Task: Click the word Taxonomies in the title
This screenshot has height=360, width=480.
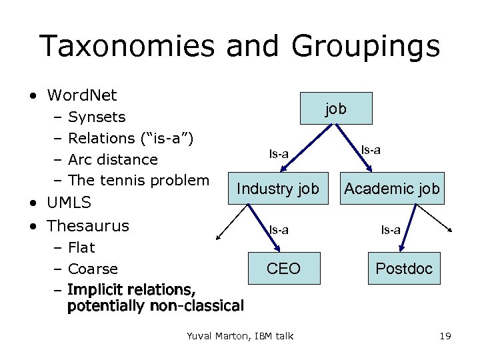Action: [x=127, y=47]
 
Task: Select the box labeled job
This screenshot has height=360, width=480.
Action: [x=336, y=108]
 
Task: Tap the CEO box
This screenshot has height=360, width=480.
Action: [x=283, y=269]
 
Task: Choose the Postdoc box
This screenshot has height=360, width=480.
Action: [x=404, y=269]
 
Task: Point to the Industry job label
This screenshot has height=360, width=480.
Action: [x=278, y=189]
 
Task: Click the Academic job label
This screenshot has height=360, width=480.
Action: [x=392, y=189]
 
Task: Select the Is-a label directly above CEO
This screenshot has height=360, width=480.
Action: [x=279, y=230]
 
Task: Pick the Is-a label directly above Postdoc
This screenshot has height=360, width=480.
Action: [x=391, y=230]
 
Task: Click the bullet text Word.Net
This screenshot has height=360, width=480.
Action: [x=82, y=95]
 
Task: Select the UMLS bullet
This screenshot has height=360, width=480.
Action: [x=69, y=202]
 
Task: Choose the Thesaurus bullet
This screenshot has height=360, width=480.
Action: [x=88, y=225]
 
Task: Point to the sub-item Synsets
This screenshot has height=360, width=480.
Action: [x=97, y=117]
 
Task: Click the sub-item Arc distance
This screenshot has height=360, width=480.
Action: [x=113, y=159]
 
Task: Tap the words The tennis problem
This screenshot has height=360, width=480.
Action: [x=139, y=180]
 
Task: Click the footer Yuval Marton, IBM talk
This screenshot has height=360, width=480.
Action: [x=240, y=336]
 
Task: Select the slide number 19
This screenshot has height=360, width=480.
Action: [x=445, y=336]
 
